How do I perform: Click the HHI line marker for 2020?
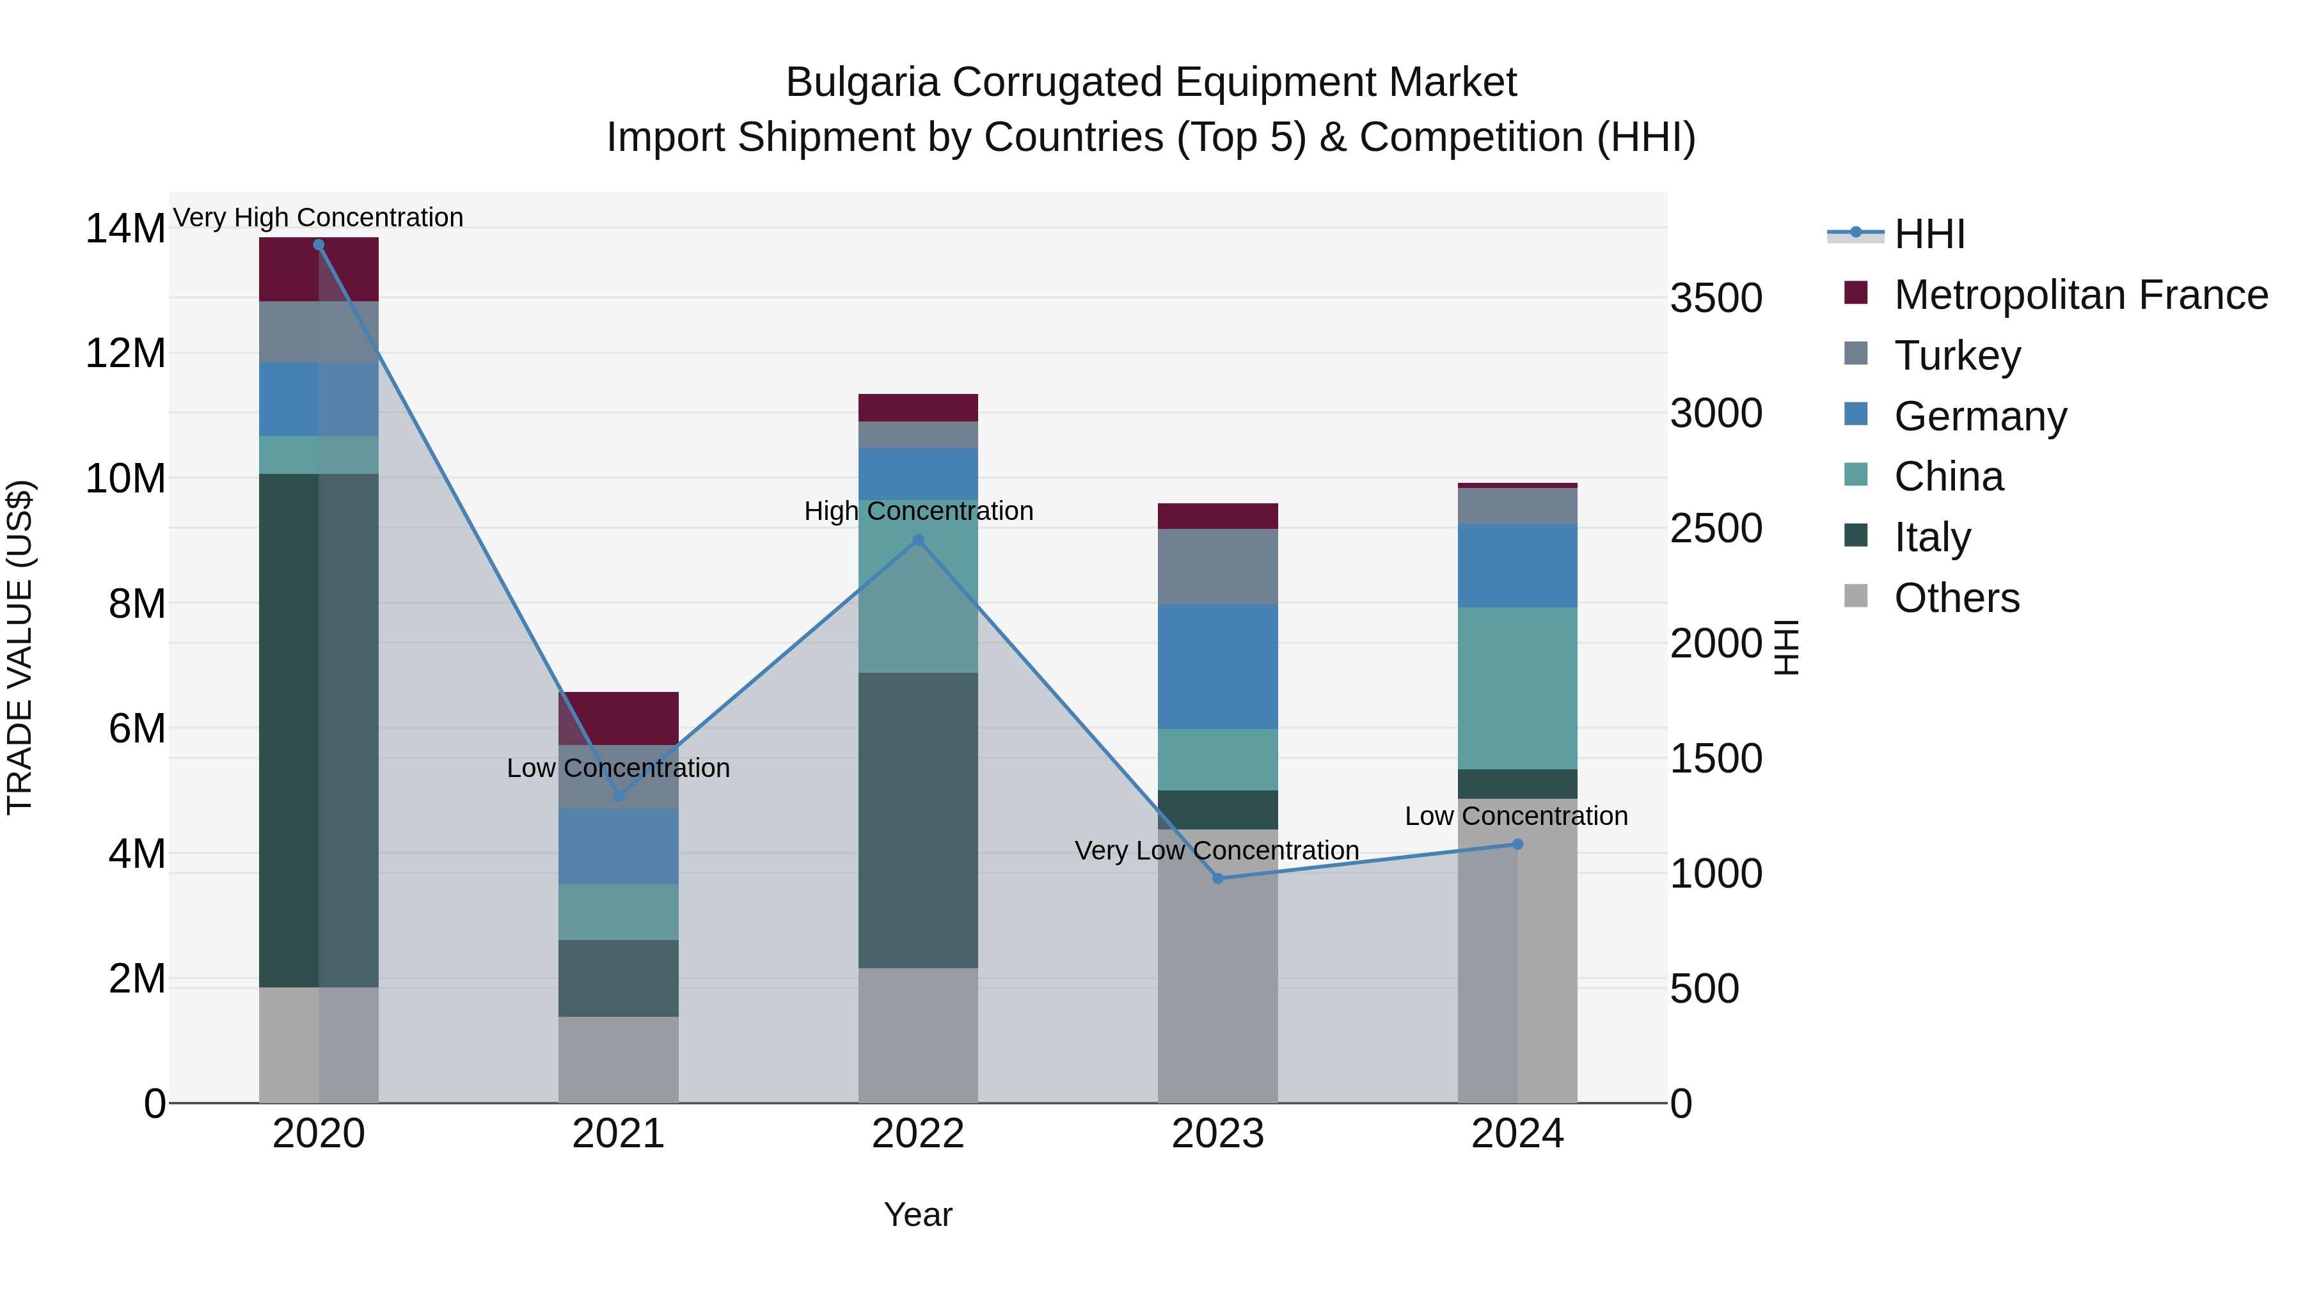319,245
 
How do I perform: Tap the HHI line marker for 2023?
1217,879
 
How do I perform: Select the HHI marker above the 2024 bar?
1517,845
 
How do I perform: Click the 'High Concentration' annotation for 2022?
918,511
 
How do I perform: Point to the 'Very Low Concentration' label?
1216,850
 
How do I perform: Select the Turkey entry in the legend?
1957,356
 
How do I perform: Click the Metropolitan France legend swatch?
1856,293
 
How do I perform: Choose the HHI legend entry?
1929,234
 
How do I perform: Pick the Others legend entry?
1956,598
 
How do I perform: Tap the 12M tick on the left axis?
125,354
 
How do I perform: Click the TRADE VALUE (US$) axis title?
20,647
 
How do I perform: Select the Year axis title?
917,1214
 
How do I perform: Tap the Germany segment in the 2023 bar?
1217,667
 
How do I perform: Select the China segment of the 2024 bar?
1517,688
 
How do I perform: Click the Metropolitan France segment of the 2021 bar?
618,718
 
